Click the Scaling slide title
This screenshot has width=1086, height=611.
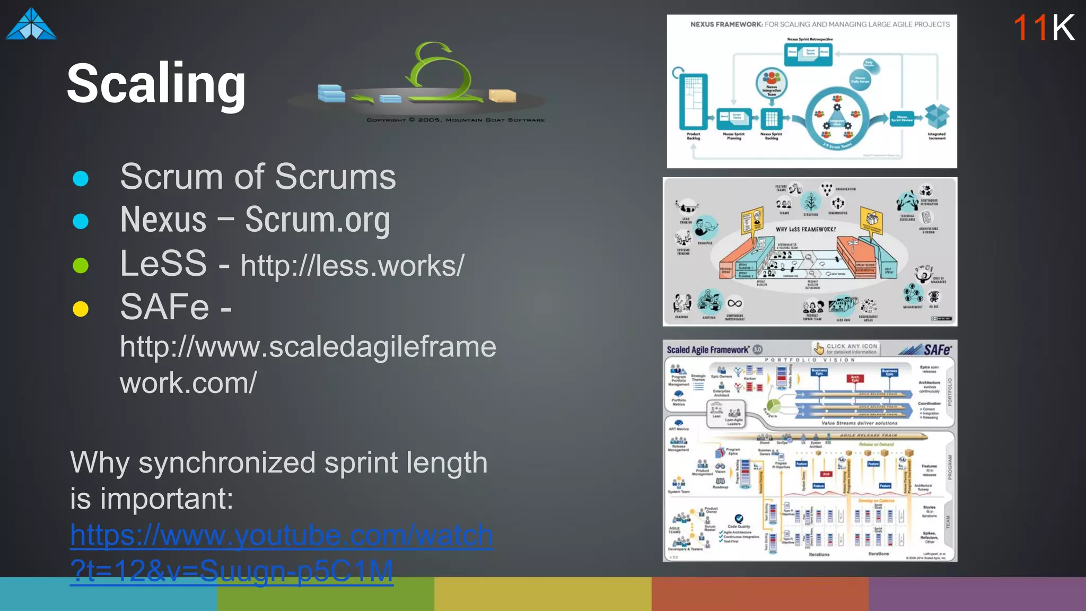[x=156, y=84]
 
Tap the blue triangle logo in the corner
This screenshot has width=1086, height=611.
[x=31, y=24]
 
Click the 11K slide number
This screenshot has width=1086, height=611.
[x=1043, y=28]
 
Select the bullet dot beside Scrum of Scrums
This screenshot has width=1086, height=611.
[x=81, y=178]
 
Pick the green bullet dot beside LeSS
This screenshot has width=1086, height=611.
[x=81, y=265]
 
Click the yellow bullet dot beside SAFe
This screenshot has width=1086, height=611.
[x=81, y=308]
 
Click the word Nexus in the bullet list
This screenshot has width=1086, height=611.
[x=163, y=220]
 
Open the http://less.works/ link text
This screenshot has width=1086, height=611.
[x=352, y=265]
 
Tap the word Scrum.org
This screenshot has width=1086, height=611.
[x=317, y=220]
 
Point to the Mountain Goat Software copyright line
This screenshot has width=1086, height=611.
[x=456, y=120]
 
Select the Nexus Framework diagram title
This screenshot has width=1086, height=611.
[x=819, y=24]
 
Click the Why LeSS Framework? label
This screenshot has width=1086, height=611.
[x=805, y=229]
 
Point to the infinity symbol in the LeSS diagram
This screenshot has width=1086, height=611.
[x=734, y=303]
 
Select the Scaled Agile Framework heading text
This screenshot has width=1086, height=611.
[x=708, y=350]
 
